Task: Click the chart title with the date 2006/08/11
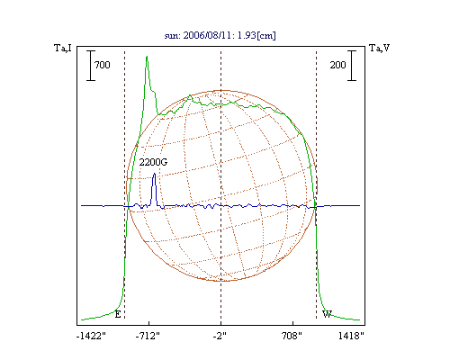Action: (220, 35)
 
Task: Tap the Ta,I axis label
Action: (63, 48)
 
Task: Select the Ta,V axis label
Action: (379, 48)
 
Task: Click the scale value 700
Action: (103, 65)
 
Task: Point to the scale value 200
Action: (337, 65)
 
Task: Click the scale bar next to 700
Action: (91, 66)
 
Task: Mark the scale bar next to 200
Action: (352, 66)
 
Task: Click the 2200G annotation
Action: (153, 162)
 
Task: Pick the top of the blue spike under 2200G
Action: (154, 174)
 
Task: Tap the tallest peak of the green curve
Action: (147, 56)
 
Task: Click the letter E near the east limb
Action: (118, 314)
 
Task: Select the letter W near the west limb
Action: (327, 314)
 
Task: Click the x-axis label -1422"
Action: (91, 337)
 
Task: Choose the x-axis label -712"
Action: (148, 337)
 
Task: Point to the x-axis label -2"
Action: (220, 337)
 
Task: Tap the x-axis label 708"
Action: (292, 337)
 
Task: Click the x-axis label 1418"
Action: (351, 337)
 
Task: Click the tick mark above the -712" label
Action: (149, 323)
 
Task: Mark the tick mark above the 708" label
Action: (292, 323)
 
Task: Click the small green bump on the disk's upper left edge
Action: (190, 96)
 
